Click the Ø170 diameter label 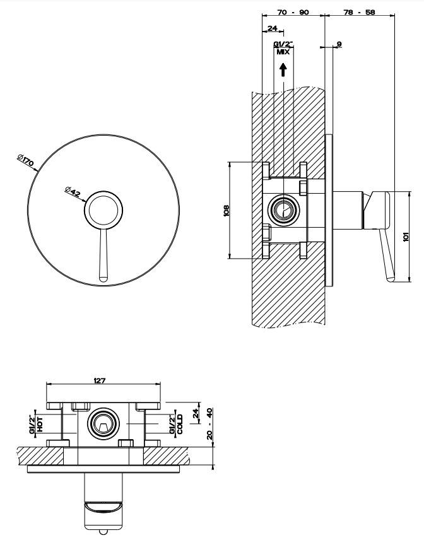26,161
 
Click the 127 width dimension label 99,380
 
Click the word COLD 180,423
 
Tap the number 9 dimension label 339,44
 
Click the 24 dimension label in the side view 273,28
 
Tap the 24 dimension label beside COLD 195,413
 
